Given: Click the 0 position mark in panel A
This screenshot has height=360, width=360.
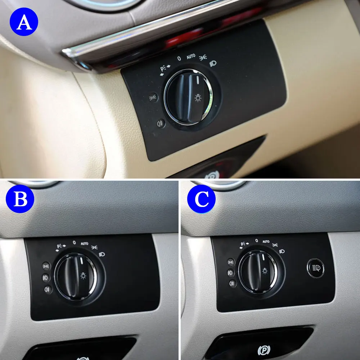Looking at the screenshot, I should pyautogui.click(x=179, y=58).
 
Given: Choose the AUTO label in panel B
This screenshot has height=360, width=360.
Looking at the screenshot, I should pyautogui.click(x=84, y=244).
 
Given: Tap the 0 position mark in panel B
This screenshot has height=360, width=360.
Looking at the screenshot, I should pyautogui.click(x=74, y=243).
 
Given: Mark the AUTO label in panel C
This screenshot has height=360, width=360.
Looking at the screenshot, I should pyautogui.click(x=266, y=242).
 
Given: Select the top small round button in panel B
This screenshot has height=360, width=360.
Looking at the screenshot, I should pyautogui.click(x=46, y=266).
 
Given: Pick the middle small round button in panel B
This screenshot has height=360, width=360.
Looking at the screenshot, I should pyautogui.click(x=46, y=278).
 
